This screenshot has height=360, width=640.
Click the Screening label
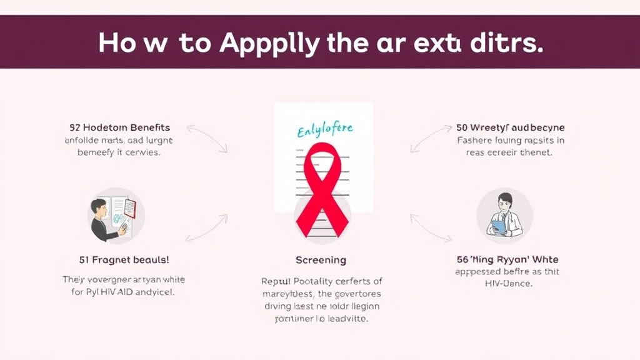click(321, 259)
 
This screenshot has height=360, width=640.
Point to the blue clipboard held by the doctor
click(498, 226)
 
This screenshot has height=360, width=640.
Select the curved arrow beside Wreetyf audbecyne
click(431, 138)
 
